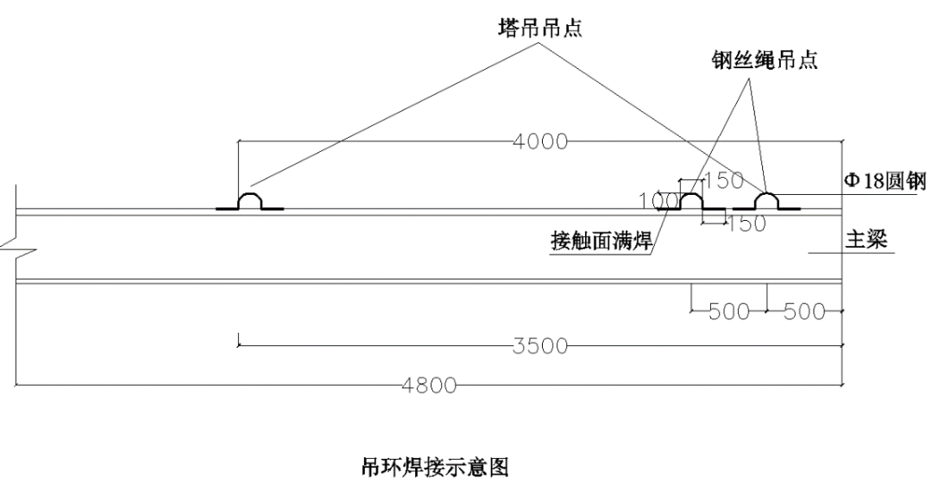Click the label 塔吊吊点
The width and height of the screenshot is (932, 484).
[x=539, y=28]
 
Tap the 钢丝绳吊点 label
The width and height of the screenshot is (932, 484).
[x=765, y=60]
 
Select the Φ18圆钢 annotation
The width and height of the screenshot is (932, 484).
[x=885, y=180]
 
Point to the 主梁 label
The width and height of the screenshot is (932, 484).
[x=866, y=239]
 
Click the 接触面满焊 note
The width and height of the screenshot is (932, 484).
[x=601, y=241]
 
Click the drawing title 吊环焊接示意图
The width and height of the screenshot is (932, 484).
[x=435, y=467]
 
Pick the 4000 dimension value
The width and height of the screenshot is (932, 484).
[x=539, y=142]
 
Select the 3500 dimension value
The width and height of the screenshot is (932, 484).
[x=540, y=346]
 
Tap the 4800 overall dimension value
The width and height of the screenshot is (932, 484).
[x=429, y=386]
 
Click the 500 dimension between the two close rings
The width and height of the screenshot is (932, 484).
[x=729, y=311]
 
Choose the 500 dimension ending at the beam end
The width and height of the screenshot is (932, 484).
[x=804, y=311]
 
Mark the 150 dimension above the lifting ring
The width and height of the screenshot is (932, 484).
[x=723, y=180]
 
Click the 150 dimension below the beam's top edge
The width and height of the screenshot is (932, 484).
[x=746, y=224]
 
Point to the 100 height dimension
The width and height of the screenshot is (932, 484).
[x=658, y=201]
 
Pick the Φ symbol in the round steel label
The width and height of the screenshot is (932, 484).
[x=852, y=181]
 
